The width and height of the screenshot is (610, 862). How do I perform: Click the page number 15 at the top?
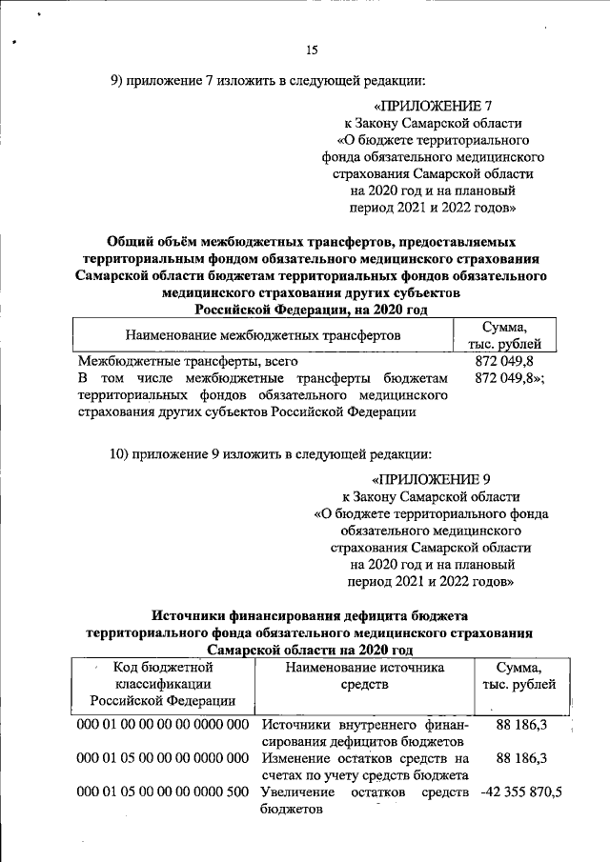311,50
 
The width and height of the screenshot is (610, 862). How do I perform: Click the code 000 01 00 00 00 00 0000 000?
162,727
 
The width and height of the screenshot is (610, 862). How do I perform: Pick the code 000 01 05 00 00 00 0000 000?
162,759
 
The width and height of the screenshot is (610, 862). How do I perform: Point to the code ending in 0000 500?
162,792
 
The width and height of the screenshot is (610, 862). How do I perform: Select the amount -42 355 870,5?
535,792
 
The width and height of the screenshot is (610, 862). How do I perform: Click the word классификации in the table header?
162,684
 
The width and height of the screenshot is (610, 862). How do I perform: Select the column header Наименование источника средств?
365,675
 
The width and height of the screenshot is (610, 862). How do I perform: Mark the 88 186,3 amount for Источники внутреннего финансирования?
520,727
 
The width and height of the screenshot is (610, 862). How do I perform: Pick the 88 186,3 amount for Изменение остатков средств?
520,759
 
